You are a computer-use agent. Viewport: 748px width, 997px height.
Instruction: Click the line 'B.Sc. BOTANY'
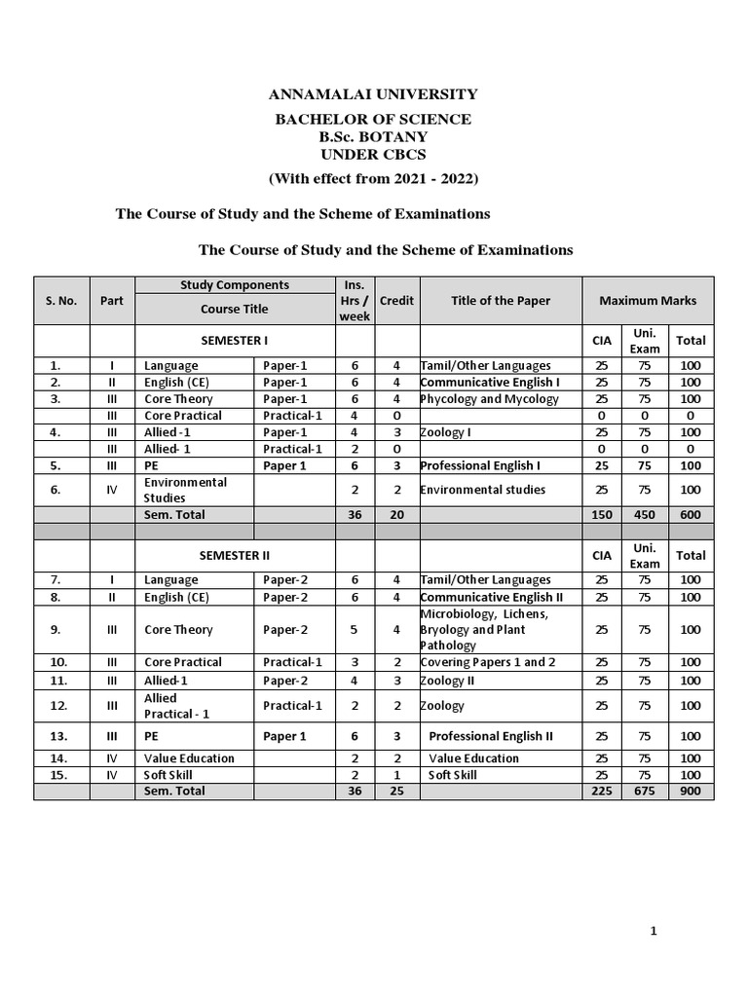(x=374, y=137)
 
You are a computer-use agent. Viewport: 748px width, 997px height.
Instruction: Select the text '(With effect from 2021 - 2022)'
(x=374, y=178)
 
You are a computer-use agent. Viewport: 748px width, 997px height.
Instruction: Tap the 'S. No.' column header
(x=61, y=301)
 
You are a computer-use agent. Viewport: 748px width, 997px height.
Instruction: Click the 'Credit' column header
(x=395, y=301)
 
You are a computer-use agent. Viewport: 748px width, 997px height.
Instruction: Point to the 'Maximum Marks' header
(x=648, y=301)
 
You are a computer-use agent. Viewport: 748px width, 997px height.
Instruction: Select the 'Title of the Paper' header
(x=500, y=301)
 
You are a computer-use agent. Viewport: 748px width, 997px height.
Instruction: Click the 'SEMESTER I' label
(x=234, y=341)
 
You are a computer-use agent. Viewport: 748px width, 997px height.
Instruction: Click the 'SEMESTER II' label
(x=234, y=555)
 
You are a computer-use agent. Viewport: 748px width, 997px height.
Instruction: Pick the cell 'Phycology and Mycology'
(x=489, y=399)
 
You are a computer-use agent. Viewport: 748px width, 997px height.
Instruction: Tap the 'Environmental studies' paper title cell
(x=483, y=490)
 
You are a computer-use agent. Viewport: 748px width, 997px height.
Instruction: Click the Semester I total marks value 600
(x=691, y=514)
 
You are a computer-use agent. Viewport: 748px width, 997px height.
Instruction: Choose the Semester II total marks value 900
(x=691, y=792)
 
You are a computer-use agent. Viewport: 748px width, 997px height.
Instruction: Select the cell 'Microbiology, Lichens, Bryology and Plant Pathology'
(x=485, y=630)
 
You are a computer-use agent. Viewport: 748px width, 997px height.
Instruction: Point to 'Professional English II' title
(x=491, y=737)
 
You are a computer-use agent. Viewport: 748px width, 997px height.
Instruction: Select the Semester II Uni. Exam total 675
(x=645, y=792)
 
